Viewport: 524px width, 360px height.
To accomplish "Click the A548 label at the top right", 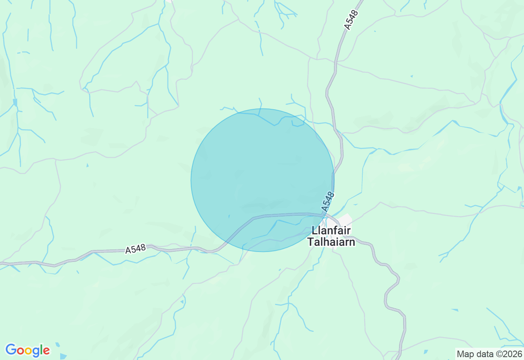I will pos(351,20).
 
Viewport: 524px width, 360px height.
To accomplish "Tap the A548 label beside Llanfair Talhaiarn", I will pos(328,201).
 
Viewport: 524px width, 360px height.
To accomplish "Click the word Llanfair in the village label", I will pos(331,231).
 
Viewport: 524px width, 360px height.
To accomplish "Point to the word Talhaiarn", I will pos(331,242).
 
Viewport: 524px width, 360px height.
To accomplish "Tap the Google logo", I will pos(27,350).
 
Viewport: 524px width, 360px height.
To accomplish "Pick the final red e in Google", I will pos(46,351).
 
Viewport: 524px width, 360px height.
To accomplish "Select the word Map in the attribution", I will pos(464,354).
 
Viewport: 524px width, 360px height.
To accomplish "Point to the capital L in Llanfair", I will pos(314,231).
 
